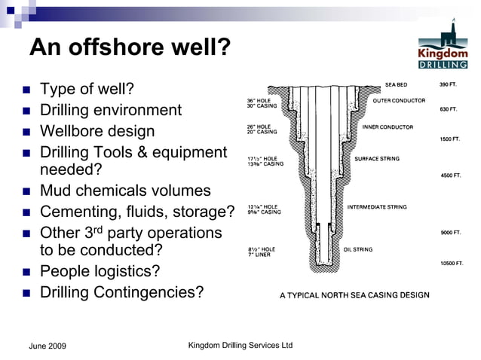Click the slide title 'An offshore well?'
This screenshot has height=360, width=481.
[x=129, y=48]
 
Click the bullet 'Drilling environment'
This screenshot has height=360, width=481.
[x=110, y=110]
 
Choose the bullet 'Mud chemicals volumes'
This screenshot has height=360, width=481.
[x=125, y=191]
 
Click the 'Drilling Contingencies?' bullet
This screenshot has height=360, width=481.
[x=121, y=291]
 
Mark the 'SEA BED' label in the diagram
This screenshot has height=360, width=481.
[x=396, y=84]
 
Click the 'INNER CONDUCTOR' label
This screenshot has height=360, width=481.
[x=388, y=127]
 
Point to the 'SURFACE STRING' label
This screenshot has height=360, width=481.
[x=377, y=159]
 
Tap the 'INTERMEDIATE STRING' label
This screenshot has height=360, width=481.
[x=376, y=206]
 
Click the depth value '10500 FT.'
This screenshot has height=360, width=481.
[x=452, y=264]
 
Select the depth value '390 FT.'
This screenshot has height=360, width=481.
[x=449, y=84]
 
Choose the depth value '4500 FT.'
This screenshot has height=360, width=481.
[x=450, y=175]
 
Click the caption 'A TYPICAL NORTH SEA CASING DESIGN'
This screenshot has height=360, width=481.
[x=354, y=295]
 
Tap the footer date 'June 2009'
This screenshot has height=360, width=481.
[x=47, y=346]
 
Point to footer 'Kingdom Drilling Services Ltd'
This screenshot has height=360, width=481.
[x=240, y=345]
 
